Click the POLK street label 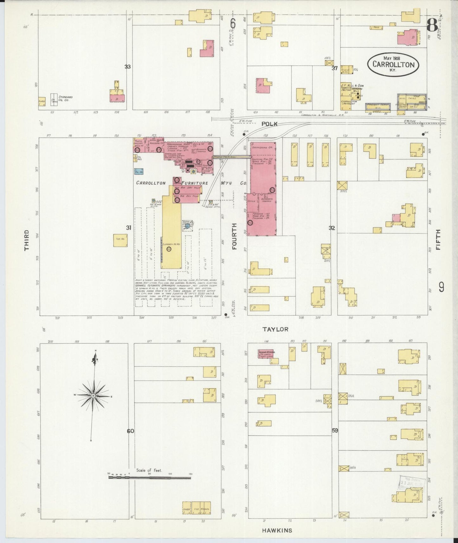[269, 124]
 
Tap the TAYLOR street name [275, 329]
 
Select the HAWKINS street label [277, 530]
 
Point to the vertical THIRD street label [27, 240]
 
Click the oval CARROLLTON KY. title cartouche [393, 64]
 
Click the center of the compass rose [94, 396]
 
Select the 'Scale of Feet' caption [149, 470]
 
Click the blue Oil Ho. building [138, 172]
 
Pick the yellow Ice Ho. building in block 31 [120, 240]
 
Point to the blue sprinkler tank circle [187, 226]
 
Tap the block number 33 [127, 67]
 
